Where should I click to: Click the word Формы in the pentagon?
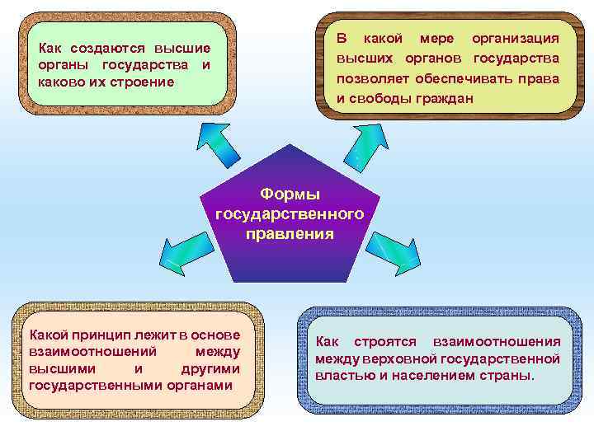[x=290, y=194]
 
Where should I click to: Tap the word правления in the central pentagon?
[x=290, y=233]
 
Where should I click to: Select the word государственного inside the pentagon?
[x=290, y=213]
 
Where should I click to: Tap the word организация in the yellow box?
[x=515, y=39]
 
